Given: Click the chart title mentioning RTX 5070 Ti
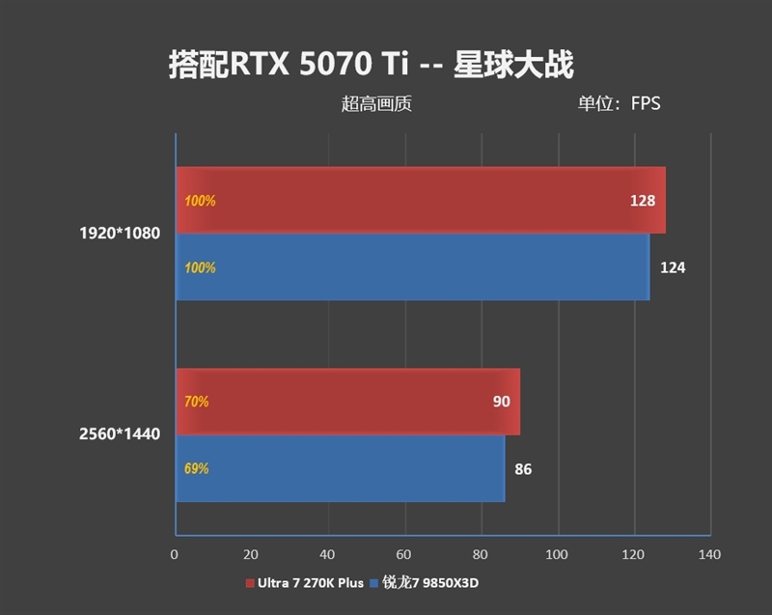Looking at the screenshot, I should (372, 64).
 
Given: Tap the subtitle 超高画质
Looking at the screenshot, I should (376, 103).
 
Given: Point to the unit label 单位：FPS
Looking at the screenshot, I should (619, 103).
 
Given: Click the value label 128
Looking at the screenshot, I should (642, 201).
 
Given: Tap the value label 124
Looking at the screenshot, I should (673, 267).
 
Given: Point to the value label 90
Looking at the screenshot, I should (501, 401).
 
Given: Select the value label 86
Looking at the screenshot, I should (523, 470).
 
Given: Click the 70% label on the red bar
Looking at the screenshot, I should (196, 401).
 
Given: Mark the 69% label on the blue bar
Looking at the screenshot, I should (196, 469).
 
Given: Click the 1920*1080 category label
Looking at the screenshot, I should (120, 233).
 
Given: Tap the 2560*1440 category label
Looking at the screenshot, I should (120, 434).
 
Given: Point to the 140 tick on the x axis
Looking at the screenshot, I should (709, 554).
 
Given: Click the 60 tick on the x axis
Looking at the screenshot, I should (404, 554).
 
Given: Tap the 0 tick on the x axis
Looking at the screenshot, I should (175, 554).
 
